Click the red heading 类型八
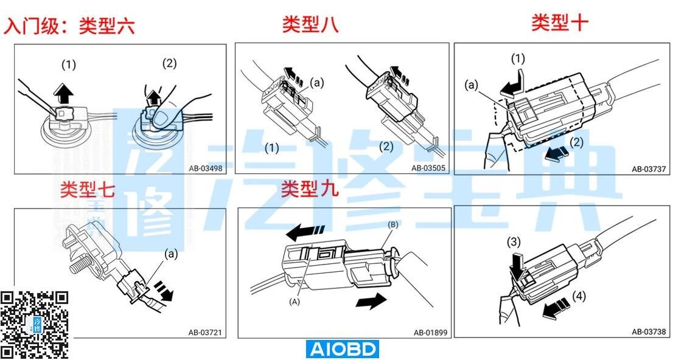pos(310,24)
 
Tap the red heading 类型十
pos(559,22)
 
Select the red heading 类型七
pos(87,190)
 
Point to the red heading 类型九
pos(309,189)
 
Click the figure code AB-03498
pos(205,168)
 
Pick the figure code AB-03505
pos(428,168)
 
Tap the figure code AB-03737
pos(649,169)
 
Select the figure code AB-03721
pos(205,333)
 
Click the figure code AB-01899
pos(431,333)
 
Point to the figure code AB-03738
pos(649,331)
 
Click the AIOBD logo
pos(342,349)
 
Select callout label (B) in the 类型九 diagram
pos(393,225)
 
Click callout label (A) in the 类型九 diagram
pos(295,302)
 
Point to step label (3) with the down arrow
pos(514,242)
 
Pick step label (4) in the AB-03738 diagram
pos(579,296)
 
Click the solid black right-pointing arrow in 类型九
pos(371,301)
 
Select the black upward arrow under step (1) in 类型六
pos(64,92)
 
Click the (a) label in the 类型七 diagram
pos(170,253)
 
